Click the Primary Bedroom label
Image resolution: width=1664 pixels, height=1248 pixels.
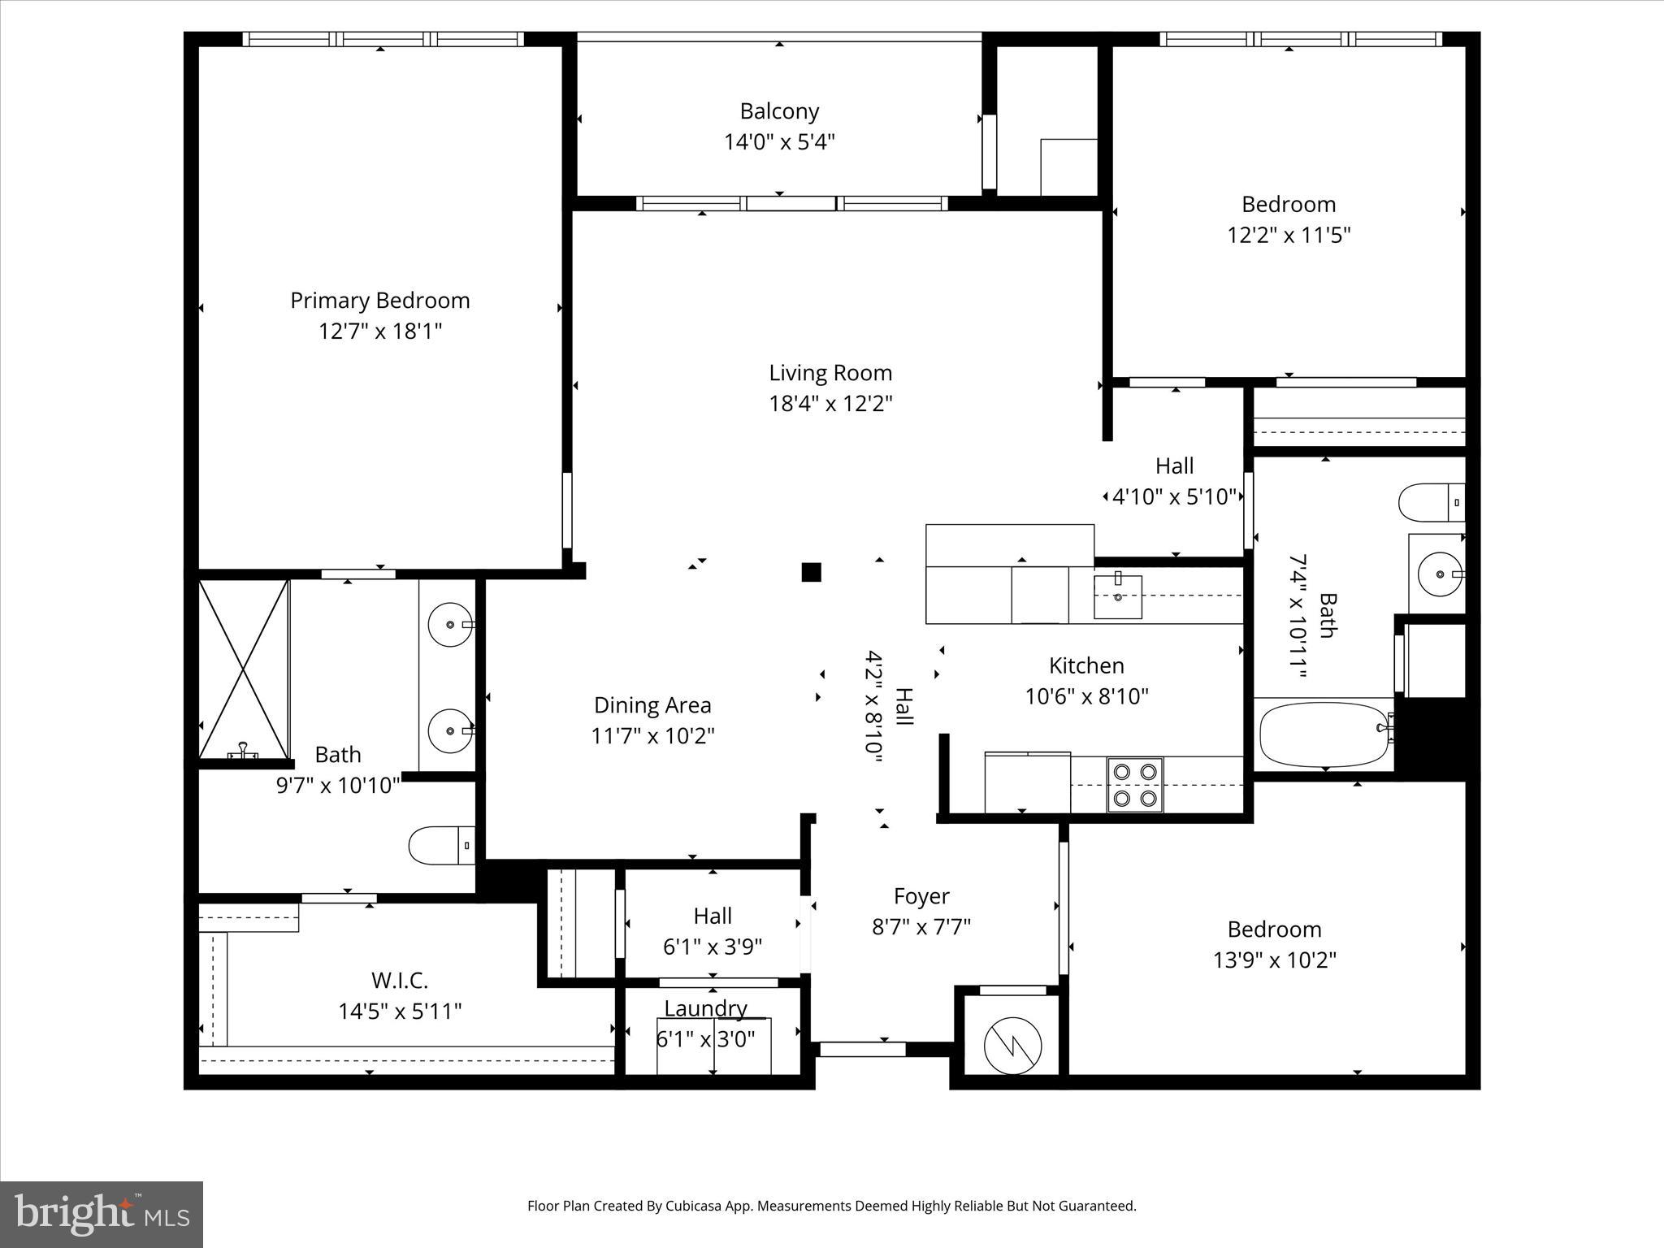point(380,301)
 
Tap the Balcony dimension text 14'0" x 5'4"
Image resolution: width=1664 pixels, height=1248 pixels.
point(780,142)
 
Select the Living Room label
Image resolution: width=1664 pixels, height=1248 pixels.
point(830,373)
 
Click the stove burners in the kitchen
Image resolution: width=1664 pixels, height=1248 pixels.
point(1135,785)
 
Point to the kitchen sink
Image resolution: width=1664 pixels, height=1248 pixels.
point(1118,596)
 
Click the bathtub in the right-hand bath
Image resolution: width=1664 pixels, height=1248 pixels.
point(1324,734)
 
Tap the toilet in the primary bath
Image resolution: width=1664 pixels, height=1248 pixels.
point(442,846)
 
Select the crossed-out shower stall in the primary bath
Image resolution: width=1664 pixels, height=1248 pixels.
point(244,669)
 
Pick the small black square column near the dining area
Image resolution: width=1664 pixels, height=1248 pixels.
point(811,572)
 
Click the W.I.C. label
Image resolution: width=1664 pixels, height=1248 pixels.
point(400,981)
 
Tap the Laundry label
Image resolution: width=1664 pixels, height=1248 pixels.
point(706,1008)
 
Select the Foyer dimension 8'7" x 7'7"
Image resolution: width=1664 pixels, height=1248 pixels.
point(922,927)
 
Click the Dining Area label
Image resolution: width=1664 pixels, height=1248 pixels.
point(652,705)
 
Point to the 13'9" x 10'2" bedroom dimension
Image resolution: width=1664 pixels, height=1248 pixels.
point(1275,960)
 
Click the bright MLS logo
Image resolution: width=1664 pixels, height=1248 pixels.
point(102,1214)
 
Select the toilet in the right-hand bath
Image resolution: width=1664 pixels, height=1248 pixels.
point(1432,502)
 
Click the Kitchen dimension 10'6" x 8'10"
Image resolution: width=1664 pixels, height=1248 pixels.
point(1087,696)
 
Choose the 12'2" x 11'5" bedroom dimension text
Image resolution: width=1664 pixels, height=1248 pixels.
point(1289,236)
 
